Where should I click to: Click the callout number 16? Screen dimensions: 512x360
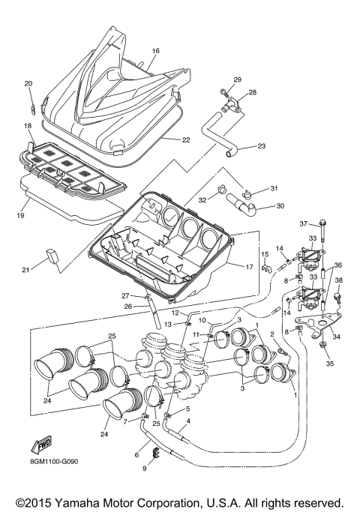click(156, 51)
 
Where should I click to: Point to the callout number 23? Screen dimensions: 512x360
click(261, 145)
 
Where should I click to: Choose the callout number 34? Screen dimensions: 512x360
click(337, 337)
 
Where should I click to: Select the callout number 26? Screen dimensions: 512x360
click(128, 305)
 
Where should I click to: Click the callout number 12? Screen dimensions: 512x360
click(173, 312)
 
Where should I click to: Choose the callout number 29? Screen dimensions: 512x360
click(238, 79)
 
